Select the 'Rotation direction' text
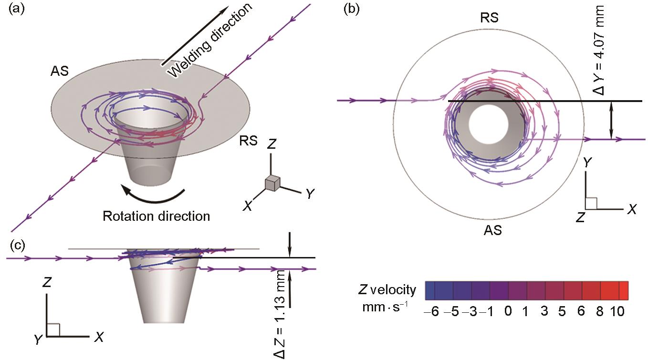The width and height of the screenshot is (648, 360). coord(156,216)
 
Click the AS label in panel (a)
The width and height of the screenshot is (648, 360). coord(59,72)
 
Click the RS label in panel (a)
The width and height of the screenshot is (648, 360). coord(249,141)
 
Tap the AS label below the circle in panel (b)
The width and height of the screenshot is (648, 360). coord(492,231)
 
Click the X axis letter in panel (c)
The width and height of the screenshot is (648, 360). coord(99,338)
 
